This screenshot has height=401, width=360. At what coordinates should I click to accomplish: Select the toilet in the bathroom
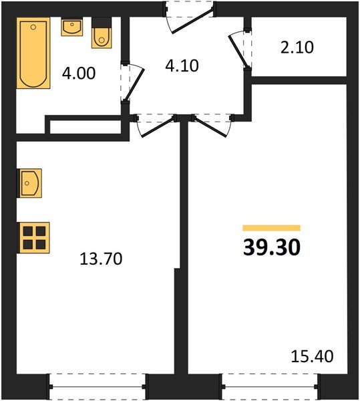coord(101,36)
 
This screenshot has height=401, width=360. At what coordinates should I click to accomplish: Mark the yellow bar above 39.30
coord(271,228)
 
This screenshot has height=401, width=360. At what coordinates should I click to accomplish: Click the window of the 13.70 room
coord(98,386)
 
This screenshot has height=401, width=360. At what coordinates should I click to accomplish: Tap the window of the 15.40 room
coord(271,386)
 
